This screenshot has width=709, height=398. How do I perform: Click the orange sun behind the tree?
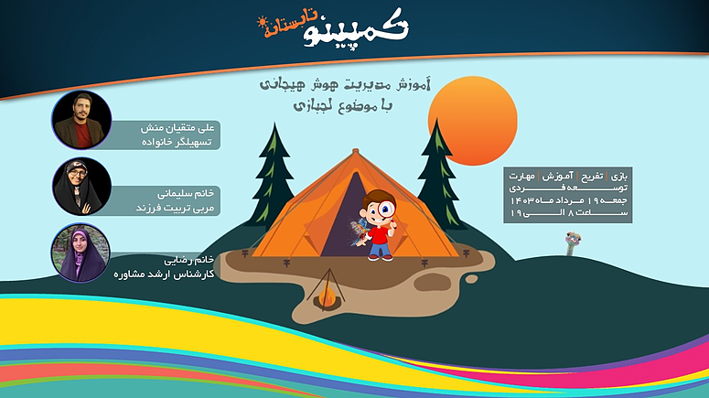[473, 121]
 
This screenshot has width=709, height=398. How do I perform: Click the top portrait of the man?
[81, 120]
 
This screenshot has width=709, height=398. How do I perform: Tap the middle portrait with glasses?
[81, 187]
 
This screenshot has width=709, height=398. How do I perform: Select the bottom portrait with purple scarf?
[81, 253]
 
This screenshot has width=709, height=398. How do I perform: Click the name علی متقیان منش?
[177, 128]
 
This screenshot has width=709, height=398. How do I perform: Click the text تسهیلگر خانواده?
[177, 142]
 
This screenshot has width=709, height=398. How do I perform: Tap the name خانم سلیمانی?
[186, 194]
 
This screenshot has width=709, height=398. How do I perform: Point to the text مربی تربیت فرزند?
[175, 208]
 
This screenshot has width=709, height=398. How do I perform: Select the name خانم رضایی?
[189, 260]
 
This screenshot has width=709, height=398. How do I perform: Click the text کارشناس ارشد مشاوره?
[164, 274]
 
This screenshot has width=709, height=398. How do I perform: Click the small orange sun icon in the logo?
[262, 22]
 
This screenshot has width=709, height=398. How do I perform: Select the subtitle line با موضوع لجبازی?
[343, 106]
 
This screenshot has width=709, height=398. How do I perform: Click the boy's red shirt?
[379, 234]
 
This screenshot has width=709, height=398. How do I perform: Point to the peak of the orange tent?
[355, 150]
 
